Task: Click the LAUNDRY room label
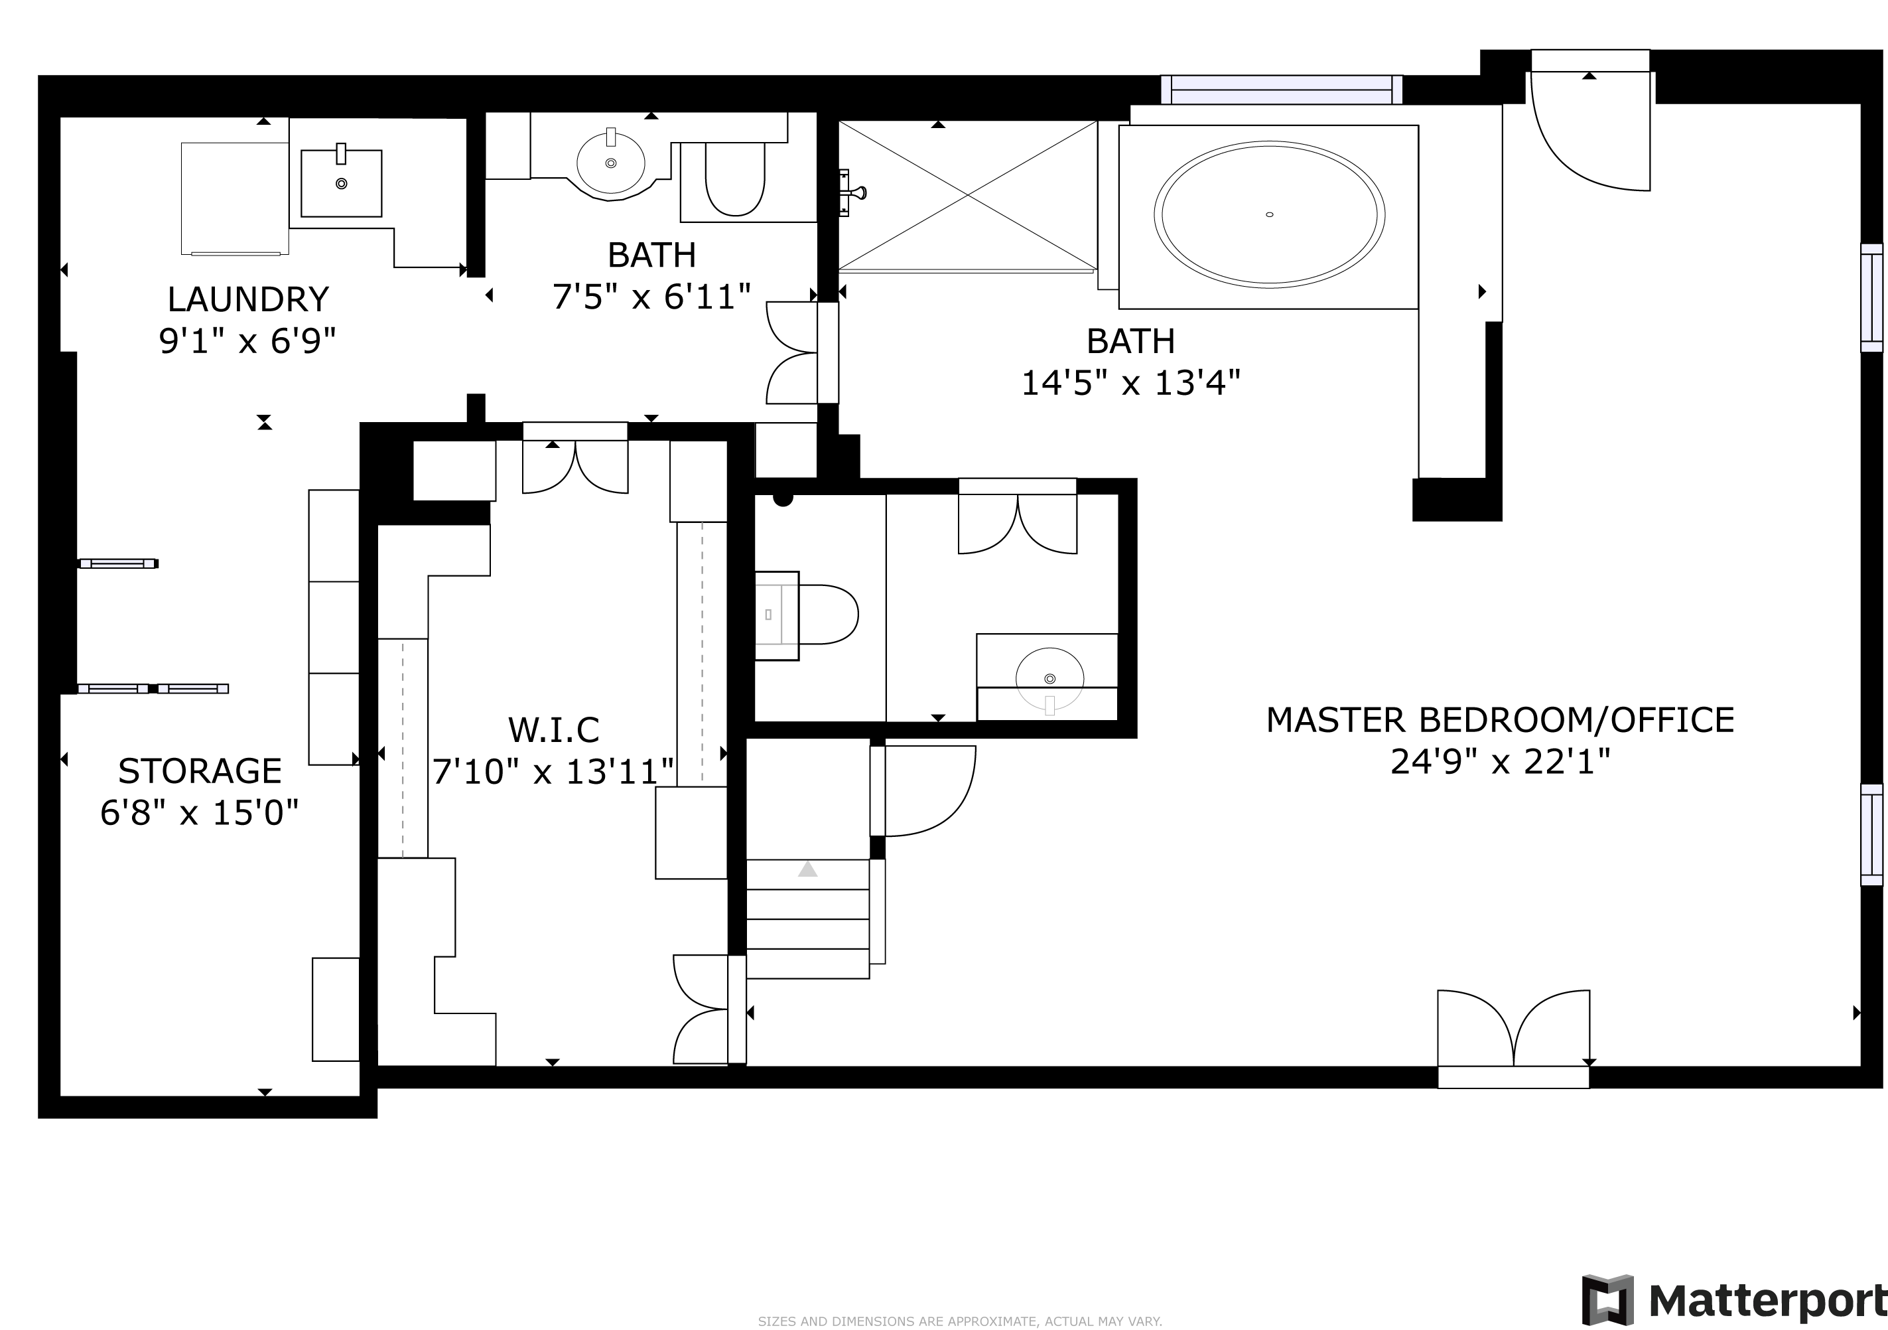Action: click(x=247, y=299)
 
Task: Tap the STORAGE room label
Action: click(x=200, y=771)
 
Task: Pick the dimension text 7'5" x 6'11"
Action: click(x=651, y=297)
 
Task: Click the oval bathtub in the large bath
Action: click(x=1269, y=214)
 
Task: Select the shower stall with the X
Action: click(x=968, y=196)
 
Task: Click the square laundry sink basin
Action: click(x=341, y=183)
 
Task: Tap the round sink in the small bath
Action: click(x=611, y=163)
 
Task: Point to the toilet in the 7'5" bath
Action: click(x=735, y=180)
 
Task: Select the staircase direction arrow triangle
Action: click(x=807, y=869)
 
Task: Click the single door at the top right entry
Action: click(x=1589, y=131)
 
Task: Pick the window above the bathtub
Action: click(x=1281, y=90)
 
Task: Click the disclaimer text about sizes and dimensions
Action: click(x=960, y=1321)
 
